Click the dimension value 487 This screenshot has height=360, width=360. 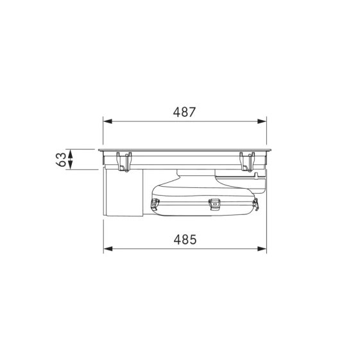tap(184, 112)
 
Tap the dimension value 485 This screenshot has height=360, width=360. tap(185, 240)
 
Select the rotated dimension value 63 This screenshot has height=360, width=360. tap(61, 160)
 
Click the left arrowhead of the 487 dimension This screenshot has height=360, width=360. tap(108, 121)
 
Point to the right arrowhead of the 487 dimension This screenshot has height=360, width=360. tap(262, 121)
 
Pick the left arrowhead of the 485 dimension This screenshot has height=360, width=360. tap(108, 248)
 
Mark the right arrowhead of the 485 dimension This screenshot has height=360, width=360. tap(262, 248)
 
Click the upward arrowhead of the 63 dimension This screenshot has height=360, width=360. tap(70, 153)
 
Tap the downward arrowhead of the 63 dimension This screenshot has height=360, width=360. tap(70, 166)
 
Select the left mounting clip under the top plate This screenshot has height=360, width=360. tap(124, 162)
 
